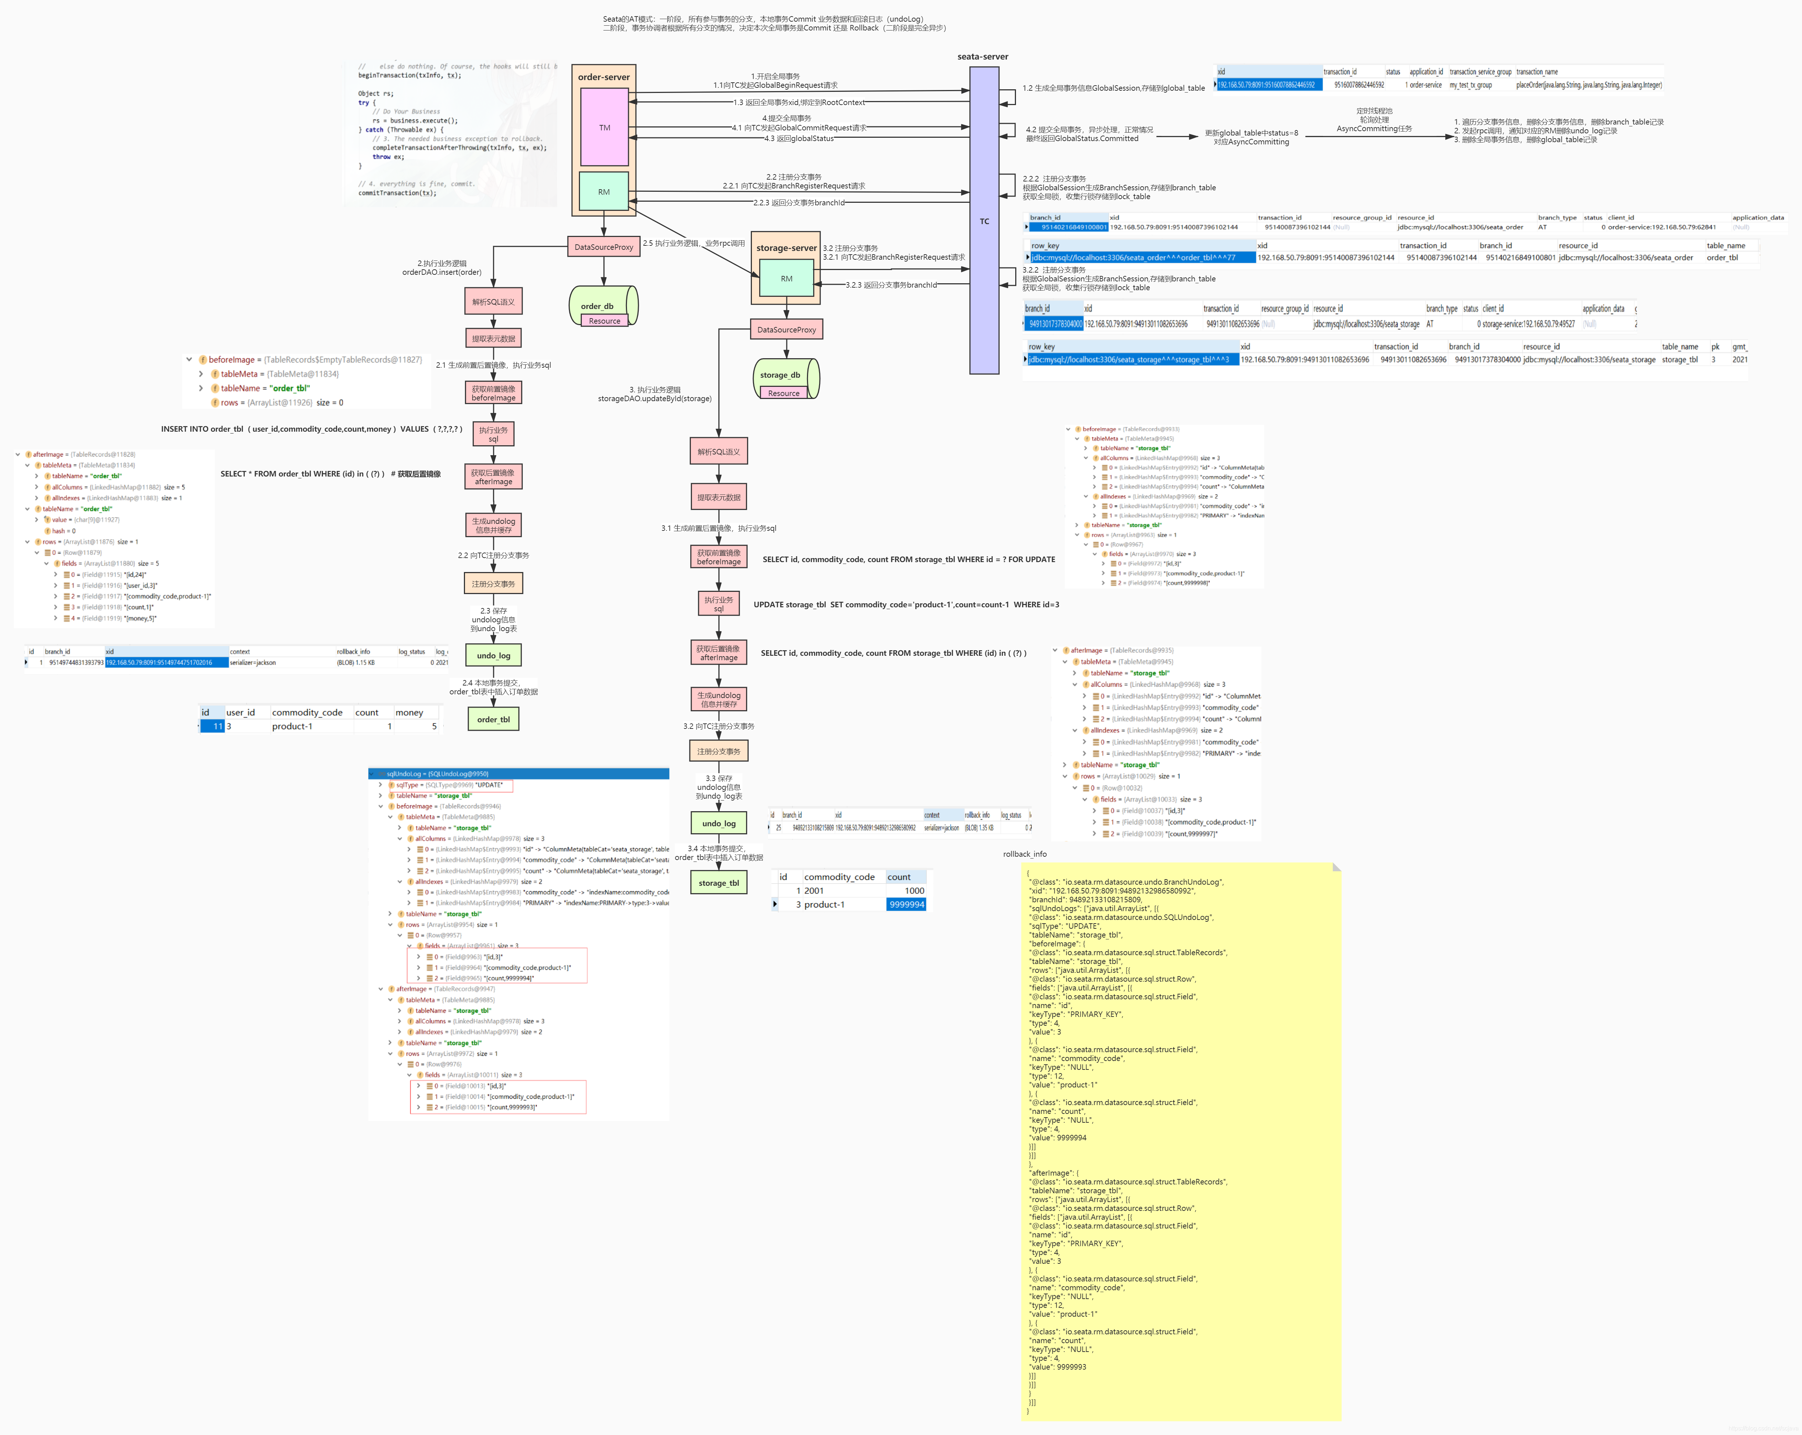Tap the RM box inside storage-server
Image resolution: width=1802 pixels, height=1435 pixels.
[786, 278]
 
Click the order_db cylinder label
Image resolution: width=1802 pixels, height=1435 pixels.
[598, 306]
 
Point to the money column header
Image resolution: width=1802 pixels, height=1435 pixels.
[410, 713]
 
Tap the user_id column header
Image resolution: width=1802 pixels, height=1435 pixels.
[241, 713]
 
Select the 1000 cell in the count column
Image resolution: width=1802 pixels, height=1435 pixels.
[914, 891]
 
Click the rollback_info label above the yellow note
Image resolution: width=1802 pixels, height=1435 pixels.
[1025, 854]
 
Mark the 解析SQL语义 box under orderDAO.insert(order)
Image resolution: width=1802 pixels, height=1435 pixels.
[493, 302]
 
